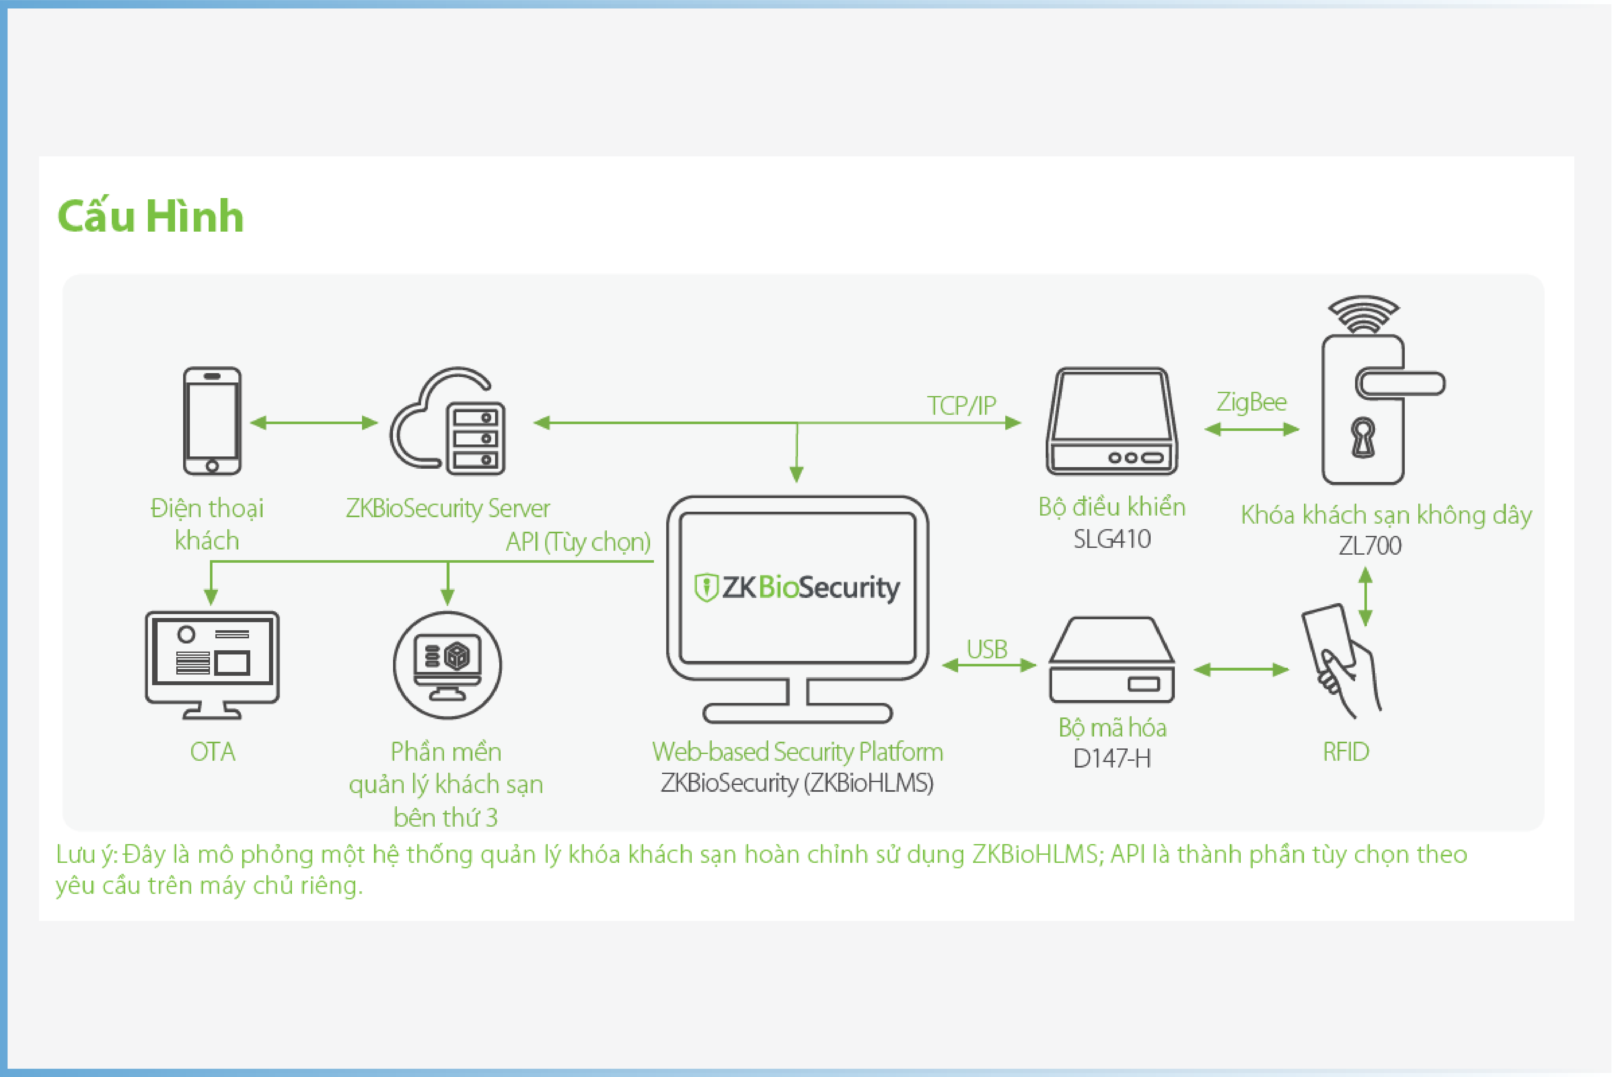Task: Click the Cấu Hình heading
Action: click(x=150, y=216)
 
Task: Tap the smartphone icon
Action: click(x=212, y=421)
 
